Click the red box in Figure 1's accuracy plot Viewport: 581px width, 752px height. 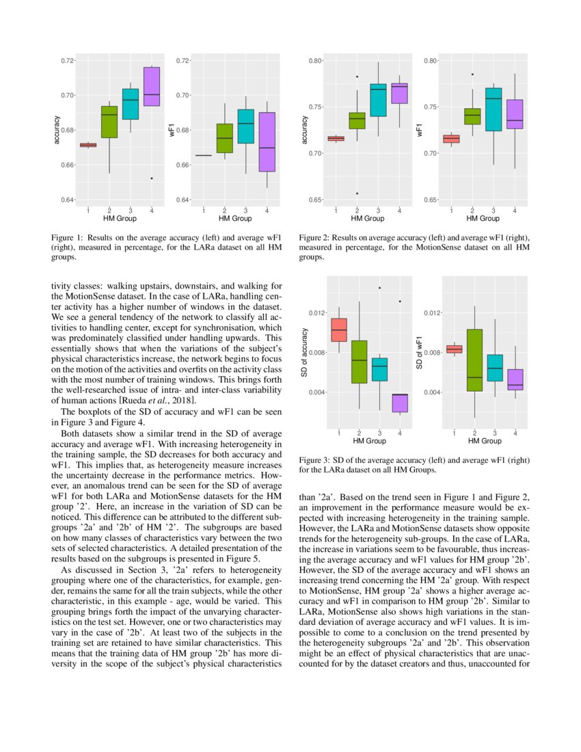pyautogui.click(x=88, y=145)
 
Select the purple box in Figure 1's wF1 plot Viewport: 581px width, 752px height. pyautogui.click(x=267, y=142)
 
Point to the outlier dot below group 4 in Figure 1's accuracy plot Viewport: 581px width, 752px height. pyautogui.click(x=151, y=178)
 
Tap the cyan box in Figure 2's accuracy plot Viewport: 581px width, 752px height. pyautogui.click(x=378, y=100)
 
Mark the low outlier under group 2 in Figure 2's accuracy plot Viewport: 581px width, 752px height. pyautogui.click(x=357, y=193)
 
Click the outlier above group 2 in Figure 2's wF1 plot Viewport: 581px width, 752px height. pyautogui.click(x=472, y=74)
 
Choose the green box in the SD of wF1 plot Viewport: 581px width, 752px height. pyautogui.click(x=474, y=360)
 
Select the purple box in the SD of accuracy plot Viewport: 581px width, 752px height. pyautogui.click(x=400, y=403)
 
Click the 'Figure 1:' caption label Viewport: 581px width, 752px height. pyautogui.click(x=67, y=237)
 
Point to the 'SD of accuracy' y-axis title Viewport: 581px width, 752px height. pyautogui.click(x=305, y=352)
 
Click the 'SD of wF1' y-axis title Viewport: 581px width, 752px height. pyautogui.click(x=420, y=352)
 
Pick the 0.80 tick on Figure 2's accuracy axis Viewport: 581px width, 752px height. pyautogui.click(x=314, y=61)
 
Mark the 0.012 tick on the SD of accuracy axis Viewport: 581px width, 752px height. pyautogui.click(x=314, y=313)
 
